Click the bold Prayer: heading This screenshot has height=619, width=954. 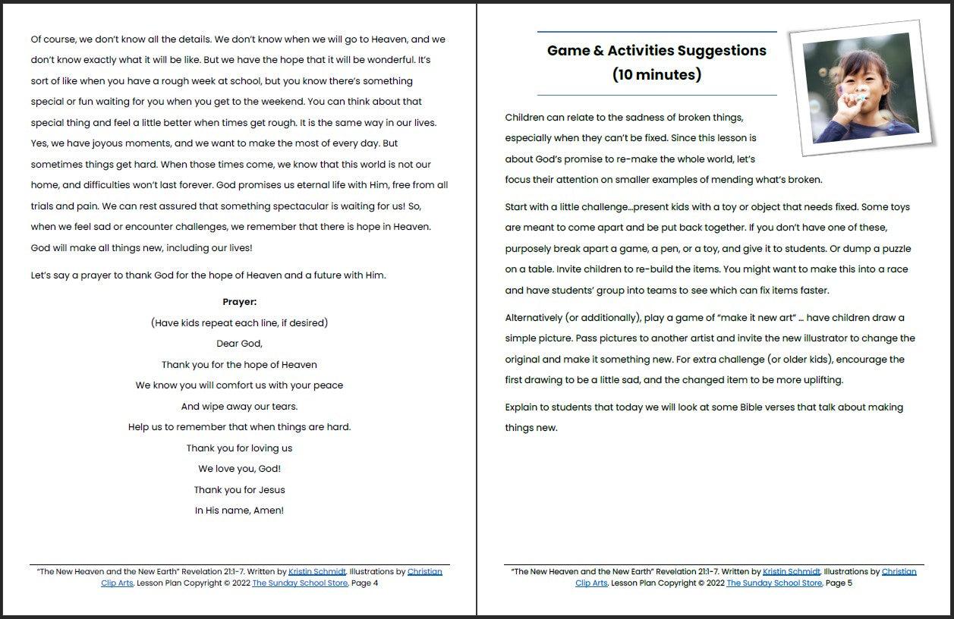(239, 302)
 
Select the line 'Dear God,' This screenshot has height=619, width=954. (239, 344)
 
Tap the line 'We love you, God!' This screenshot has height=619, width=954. (239, 469)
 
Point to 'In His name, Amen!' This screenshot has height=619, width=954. (239, 511)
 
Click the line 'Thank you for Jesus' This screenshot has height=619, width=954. (239, 490)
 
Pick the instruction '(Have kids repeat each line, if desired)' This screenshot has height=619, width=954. (239, 323)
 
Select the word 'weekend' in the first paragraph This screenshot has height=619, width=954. (388, 102)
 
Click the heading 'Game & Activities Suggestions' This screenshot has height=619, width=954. (656, 51)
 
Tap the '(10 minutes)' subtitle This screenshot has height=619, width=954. (656, 75)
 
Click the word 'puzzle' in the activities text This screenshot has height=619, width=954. (894, 249)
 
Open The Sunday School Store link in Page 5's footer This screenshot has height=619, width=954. (774, 583)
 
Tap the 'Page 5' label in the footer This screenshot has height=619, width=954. (839, 583)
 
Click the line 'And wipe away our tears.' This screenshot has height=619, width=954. (239, 407)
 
